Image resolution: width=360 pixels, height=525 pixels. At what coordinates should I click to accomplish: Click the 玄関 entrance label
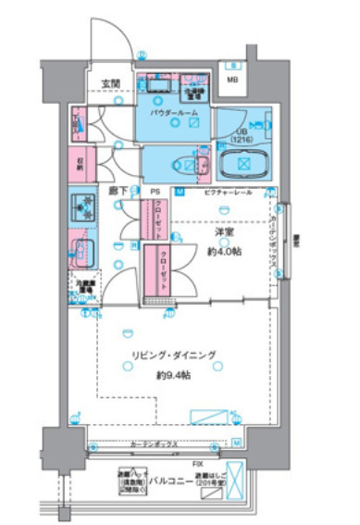(111, 83)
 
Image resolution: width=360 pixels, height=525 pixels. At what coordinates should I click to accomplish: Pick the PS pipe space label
(155, 193)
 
